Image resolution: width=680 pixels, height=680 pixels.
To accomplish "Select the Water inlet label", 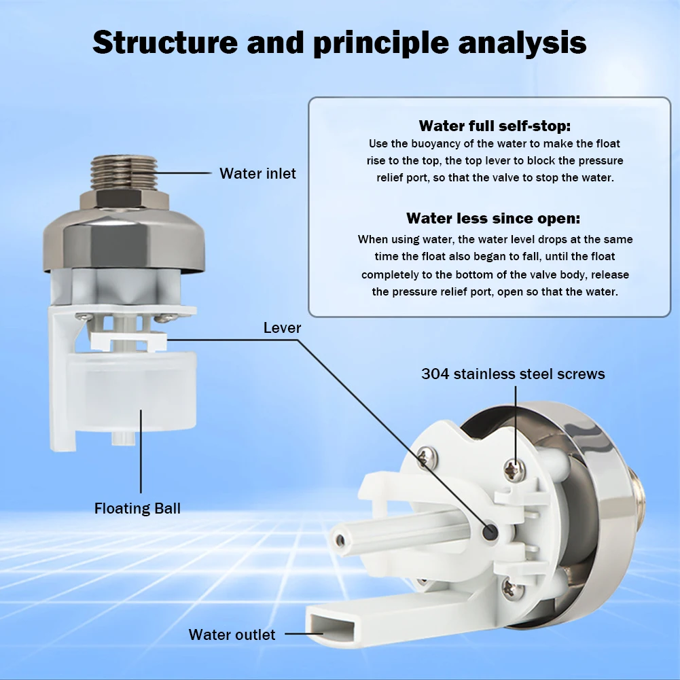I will (257, 173).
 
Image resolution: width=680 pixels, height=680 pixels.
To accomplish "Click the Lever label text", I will (282, 328).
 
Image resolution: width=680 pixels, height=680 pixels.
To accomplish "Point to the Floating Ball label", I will (138, 508).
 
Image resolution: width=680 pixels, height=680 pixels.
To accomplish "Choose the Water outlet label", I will (232, 634).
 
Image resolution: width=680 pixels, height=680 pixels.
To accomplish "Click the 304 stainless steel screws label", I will (513, 374).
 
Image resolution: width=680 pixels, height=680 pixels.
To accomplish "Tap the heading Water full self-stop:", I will (495, 126).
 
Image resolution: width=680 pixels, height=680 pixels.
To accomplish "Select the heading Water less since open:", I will (494, 218).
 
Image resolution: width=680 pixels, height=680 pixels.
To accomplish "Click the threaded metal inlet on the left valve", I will (124, 173).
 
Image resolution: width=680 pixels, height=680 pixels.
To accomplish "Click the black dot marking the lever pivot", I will (489, 532).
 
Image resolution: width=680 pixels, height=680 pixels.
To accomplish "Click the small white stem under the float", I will (120, 437).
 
